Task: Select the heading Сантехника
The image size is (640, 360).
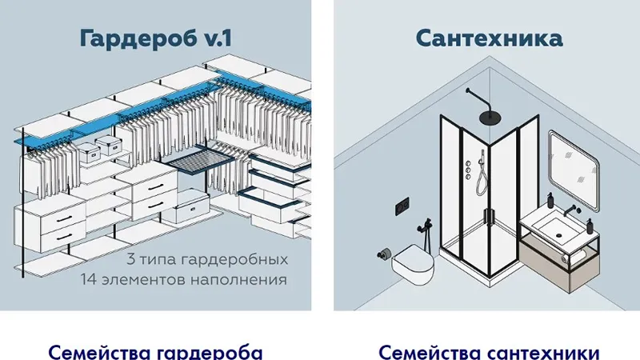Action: tap(490, 38)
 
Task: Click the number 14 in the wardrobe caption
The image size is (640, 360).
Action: tap(88, 279)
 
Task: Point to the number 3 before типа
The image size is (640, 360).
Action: tap(130, 259)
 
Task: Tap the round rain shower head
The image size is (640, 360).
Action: tap(490, 118)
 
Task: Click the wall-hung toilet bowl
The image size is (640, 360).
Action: tap(413, 265)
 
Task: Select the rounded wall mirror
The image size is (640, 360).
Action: tap(574, 170)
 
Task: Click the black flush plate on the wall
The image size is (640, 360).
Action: tap(402, 206)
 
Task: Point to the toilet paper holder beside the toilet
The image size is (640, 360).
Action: tap(384, 254)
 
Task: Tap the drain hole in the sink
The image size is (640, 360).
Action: tap(558, 235)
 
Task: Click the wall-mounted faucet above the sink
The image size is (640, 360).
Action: tap(572, 210)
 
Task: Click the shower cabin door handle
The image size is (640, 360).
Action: tap(488, 216)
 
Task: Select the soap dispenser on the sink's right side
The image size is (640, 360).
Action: tap(590, 226)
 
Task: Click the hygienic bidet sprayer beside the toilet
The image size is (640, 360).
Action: tap(426, 232)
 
